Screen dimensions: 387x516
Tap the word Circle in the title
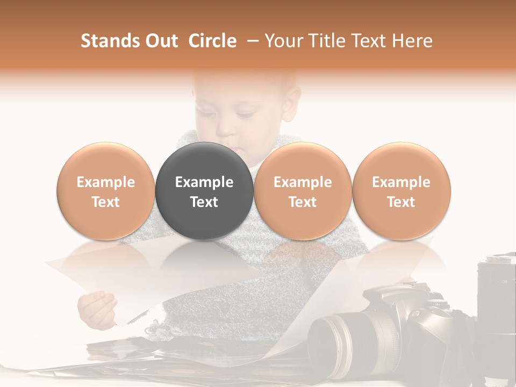[x=212, y=41]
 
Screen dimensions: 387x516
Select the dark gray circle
[x=204, y=191]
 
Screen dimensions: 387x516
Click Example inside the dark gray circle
[x=204, y=182]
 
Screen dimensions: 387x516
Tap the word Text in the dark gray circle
[x=204, y=202]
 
